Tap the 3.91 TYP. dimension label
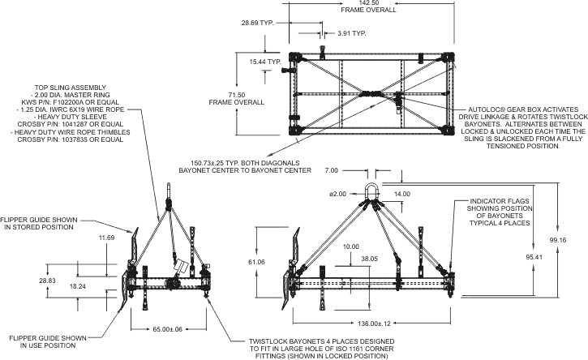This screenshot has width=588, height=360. pyautogui.click(x=350, y=35)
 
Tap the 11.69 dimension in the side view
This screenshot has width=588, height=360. pyautogui.click(x=106, y=238)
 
